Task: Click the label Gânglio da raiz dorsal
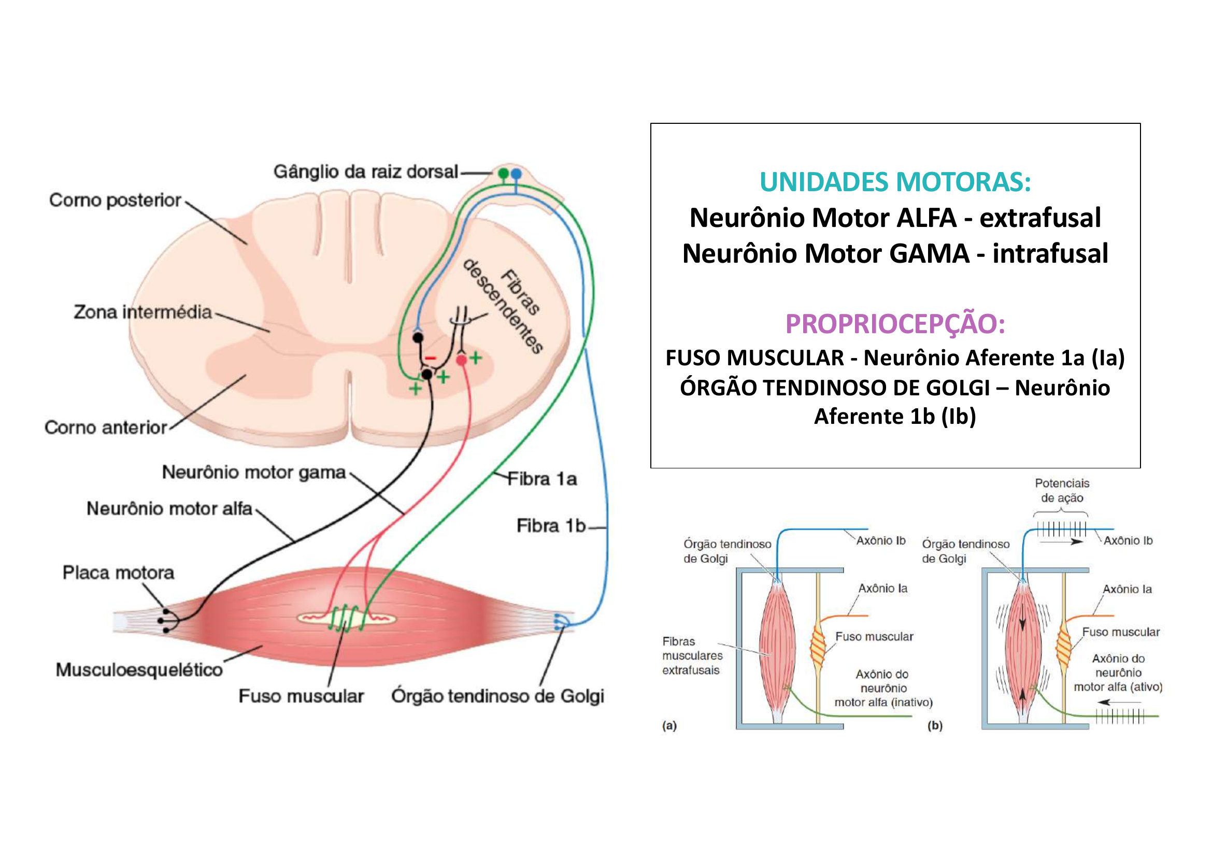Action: (x=365, y=172)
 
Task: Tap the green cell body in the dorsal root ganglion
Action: (x=504, y=173)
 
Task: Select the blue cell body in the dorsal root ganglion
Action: (x=516, y=173)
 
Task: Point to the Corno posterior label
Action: (x=115, y=201)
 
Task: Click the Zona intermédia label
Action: (x=142, y=312)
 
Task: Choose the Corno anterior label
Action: (x=106, y=427)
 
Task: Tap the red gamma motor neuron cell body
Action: (x=461, y=361)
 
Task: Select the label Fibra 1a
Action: (x=541, y=479)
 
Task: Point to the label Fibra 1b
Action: (x=551, y=526)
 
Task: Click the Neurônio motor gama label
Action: (x=253, y=473)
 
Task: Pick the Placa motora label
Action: (x=118, y=573)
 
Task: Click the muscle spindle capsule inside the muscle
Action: (x=346, y=618)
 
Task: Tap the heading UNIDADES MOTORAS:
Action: (x=895, y=182)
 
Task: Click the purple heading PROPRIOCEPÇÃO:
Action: (x=895, y=324)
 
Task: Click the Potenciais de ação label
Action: (x=1062, y=490)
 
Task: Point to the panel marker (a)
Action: (x=669, y=725)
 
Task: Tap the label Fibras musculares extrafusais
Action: (x=692, y=656)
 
